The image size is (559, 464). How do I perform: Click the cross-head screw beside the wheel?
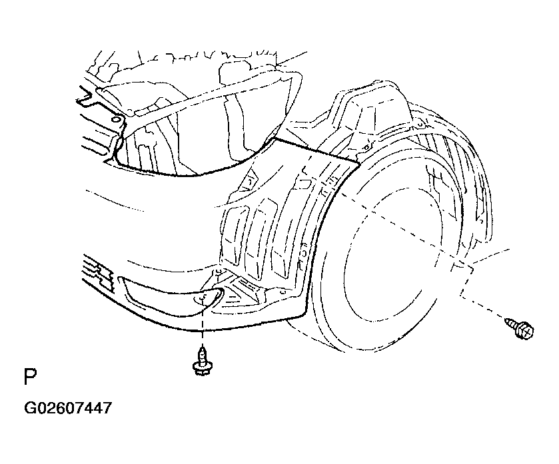[520, 328]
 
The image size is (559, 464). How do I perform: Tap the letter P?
[30, 377]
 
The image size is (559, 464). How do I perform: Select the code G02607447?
[68, 408]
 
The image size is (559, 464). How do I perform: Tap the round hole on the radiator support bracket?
[115, 119]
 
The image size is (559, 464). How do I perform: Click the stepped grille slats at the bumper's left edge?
[98, 271]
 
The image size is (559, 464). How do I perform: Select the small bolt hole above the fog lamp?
[218, 273]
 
